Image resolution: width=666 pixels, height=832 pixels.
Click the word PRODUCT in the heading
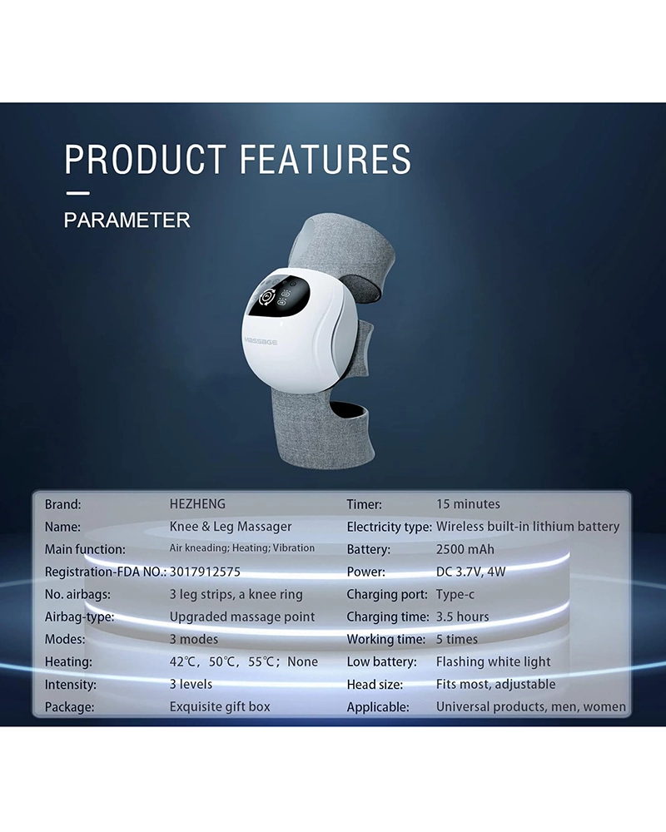(x=145, y=159)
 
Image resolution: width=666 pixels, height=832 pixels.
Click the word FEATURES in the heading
(x=326, y=159)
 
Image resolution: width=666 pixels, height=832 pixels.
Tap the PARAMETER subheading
(x=127, y=220)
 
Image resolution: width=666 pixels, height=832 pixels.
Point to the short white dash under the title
(x=77, y=193)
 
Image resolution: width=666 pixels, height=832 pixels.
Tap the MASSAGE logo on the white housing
(x=261, y=341)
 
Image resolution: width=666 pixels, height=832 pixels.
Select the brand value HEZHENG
(x=197, y=504)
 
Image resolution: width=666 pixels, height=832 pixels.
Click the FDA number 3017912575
(x=205, y=572)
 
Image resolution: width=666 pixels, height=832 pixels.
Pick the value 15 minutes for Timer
(x=468, y=504)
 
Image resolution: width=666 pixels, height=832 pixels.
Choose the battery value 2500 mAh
(x=465, y=549)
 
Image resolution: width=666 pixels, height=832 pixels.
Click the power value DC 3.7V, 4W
(x=470, y=572)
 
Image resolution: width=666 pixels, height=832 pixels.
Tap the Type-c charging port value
(x=455, y=594)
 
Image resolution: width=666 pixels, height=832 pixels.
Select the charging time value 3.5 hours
(x=463, y=617)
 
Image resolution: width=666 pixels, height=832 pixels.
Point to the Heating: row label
(x=68, y=662)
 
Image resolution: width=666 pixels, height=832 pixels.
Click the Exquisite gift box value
(x=220, y=706)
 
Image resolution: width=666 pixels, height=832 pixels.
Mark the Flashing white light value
(x=494, y=661)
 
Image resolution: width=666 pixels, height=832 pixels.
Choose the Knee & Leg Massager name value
(x=231, y=527)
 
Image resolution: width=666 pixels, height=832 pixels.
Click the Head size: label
(x=375, y=685)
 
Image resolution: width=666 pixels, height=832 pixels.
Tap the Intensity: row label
(x=71, y=685)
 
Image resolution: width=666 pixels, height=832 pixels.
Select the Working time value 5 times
(x=457, y=639)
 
